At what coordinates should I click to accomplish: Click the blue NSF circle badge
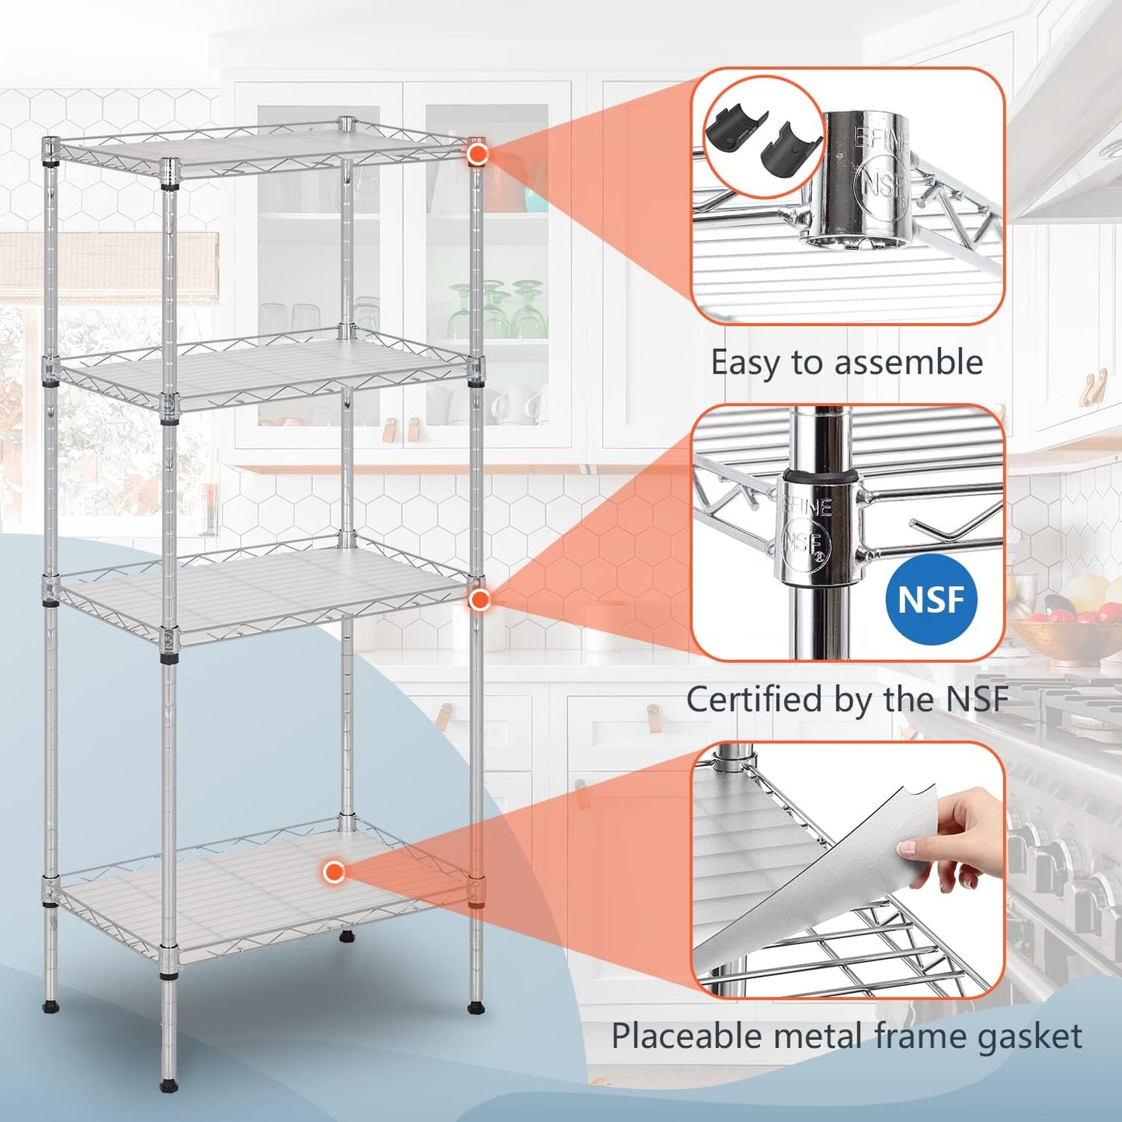click(x=930, y=599)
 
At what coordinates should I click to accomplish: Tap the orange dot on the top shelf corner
click(x=477, y=154)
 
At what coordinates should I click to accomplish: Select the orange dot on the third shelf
click(x=480, y=599)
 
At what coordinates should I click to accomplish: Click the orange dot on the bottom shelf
click(x=334, y=872)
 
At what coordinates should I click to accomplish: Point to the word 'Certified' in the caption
click(x=754, y=699)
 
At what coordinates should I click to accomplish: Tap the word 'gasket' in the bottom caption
click(x=1030, y=1036)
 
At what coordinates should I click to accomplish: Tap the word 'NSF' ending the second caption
click(x=977, y=699)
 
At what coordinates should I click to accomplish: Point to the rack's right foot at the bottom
click(x=475, y=1007)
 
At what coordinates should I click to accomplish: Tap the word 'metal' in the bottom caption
click(x=822, y=1036)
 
